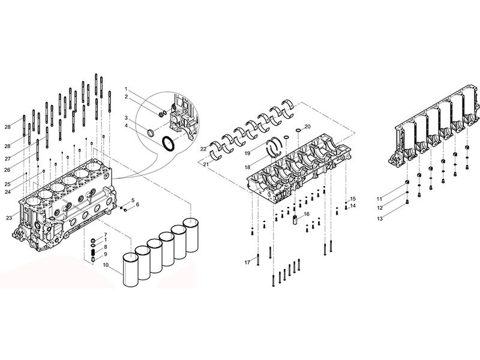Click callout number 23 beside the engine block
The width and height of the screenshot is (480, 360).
coord(8,217)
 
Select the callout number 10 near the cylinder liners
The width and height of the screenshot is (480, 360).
coord(106,264)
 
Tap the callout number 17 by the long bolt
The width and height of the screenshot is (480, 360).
coord(247,263)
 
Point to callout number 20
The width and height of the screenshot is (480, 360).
coord(307,127)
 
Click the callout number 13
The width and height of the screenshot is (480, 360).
coord(379,219)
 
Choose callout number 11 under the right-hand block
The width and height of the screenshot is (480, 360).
coord(379,197)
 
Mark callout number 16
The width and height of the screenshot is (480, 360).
coord(306,214)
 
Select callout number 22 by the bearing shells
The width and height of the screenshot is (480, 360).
coord(204,148)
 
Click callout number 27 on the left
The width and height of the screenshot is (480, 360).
coord(8,158)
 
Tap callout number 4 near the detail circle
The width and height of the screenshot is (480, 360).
coord(127,125)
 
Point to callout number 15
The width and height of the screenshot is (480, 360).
coord(353,198)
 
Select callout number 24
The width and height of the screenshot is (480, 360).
coord(8,192)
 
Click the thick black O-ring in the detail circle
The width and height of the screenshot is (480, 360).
coord(170,144)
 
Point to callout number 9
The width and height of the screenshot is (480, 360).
coord(106,254)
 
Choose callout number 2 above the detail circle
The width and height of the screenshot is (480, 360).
coord(127,97)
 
